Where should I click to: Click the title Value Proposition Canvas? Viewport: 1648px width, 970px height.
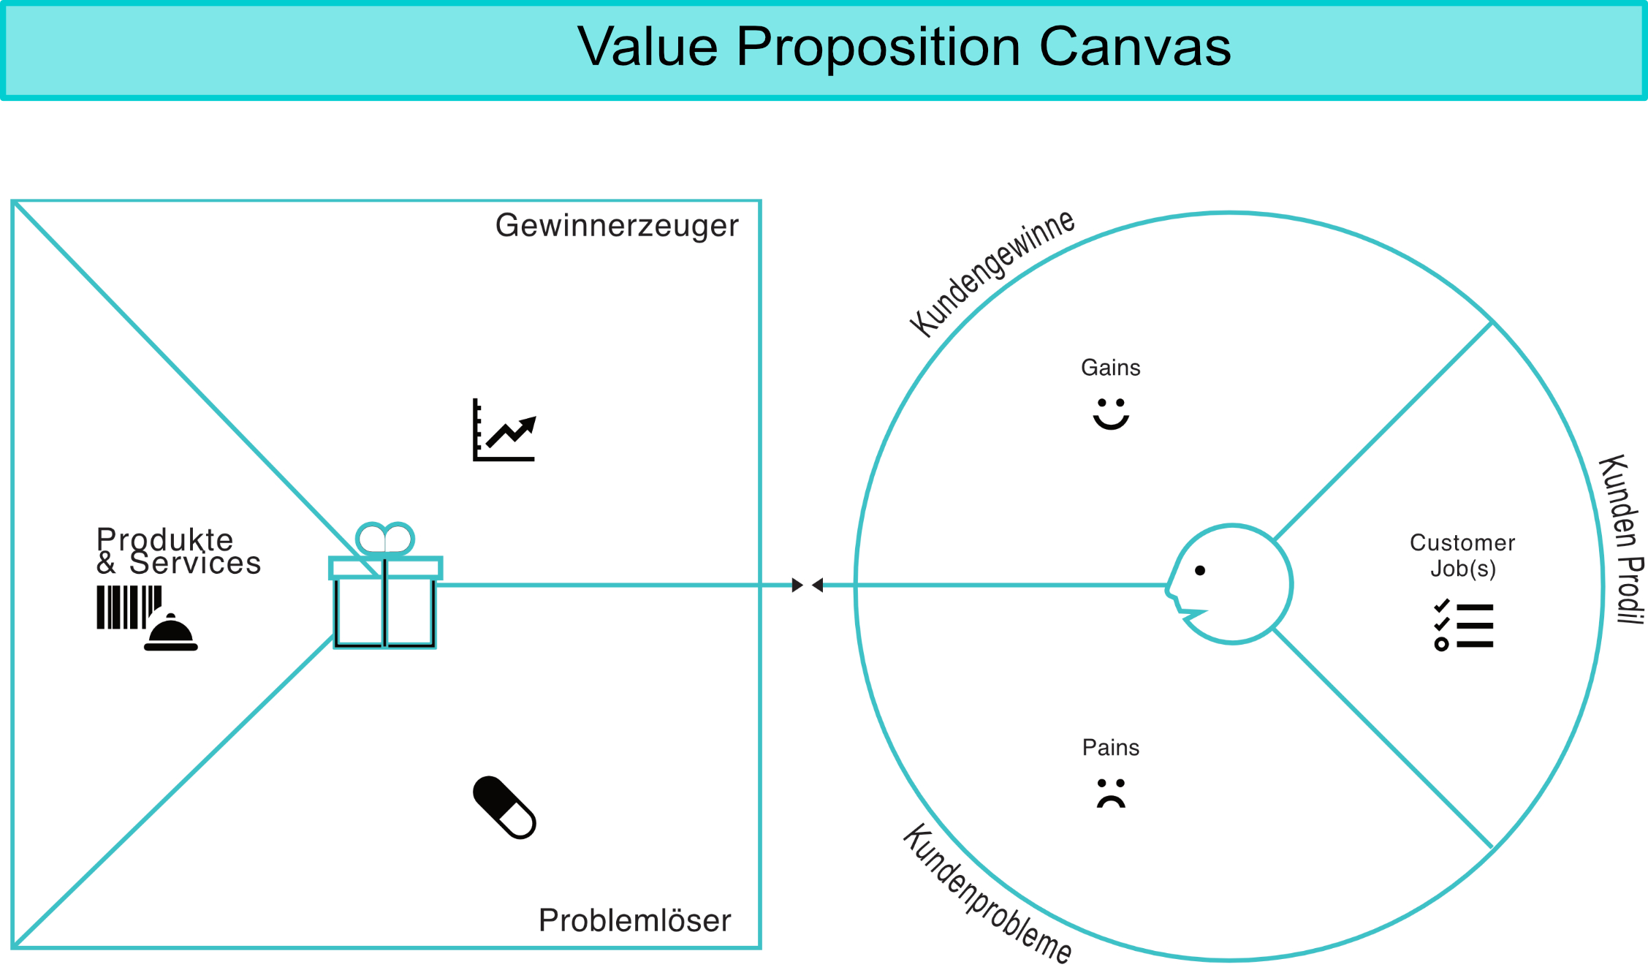point(904,47)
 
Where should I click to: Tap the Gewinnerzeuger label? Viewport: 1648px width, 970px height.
point(617,226)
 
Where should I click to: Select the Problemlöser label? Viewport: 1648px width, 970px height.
point(634,920)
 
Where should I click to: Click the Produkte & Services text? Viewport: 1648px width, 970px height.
point(178,551)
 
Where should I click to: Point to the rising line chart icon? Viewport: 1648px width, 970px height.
point(504,430)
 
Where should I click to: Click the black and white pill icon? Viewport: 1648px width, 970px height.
point(504,808)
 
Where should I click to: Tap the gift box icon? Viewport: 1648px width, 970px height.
point(385,586)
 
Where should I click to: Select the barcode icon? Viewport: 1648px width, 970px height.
point(129,607)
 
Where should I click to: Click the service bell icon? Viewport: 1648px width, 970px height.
point(171,633)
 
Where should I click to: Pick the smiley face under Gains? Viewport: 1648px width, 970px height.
point(1111,414)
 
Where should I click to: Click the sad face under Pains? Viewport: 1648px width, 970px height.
point(1111,793)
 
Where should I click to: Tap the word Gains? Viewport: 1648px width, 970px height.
point(1111,368)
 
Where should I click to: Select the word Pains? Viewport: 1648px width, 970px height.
point(1111,748)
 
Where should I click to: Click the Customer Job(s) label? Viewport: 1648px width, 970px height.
point(1462,556)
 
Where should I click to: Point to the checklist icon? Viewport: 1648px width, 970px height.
point(1464,625)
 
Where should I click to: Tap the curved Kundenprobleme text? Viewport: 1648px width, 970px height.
point(987,893)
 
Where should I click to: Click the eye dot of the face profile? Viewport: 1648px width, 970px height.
point(1200,570)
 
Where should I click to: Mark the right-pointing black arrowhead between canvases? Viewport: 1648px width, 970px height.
point(797,585)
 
